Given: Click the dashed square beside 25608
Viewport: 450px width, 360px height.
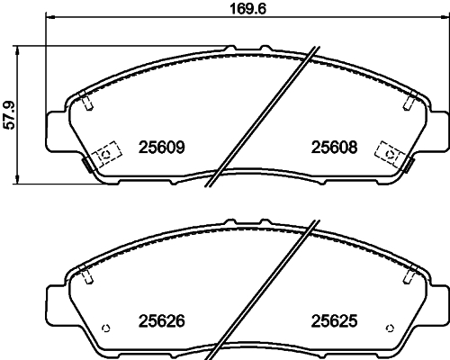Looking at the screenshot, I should coord(391,154).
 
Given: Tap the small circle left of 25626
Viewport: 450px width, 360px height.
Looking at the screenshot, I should coord(107,326).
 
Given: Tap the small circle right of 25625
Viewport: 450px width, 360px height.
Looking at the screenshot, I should coord(390,326).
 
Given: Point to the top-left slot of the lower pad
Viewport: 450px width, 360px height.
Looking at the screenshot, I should coord(86,276).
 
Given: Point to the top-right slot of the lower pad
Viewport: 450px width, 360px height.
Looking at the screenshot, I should coord(409,276).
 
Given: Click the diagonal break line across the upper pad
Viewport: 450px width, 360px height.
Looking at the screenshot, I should coord(262,117).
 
